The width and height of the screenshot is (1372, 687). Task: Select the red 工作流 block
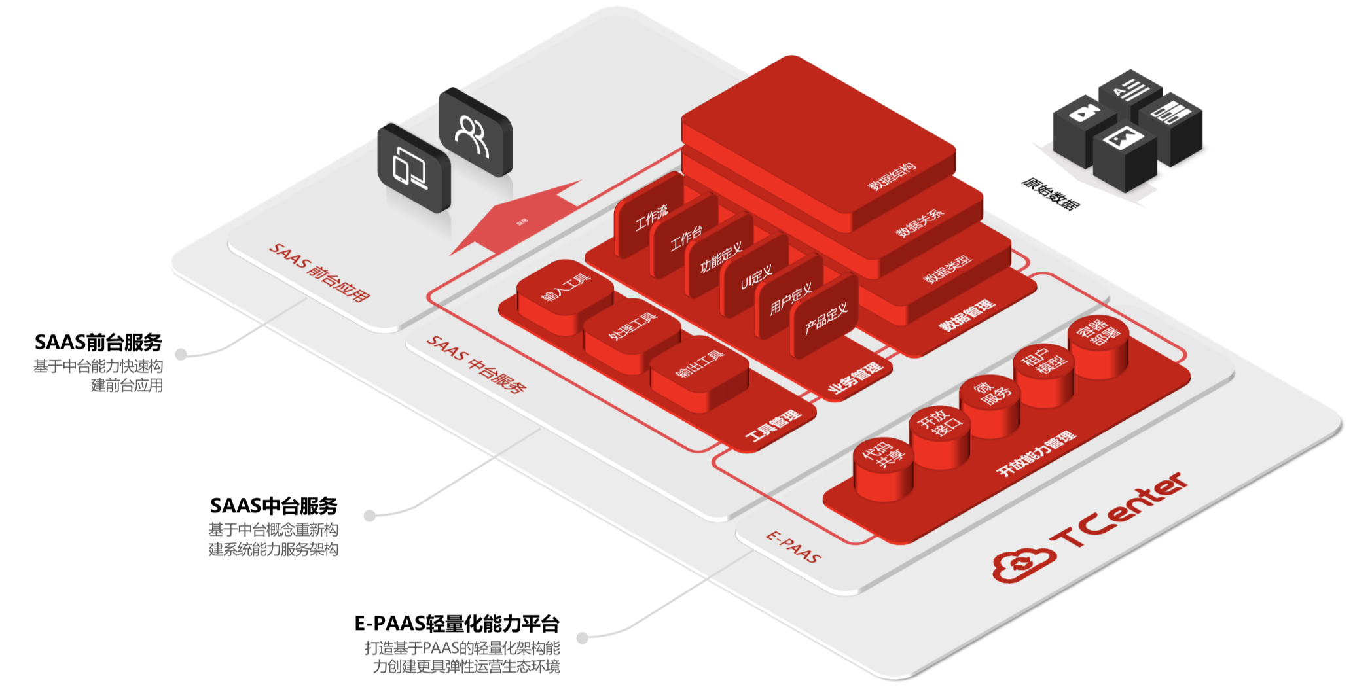pyautogui.click(x=650, y=217)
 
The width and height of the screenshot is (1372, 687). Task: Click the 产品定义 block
pyautogui.click(x=825, y=318)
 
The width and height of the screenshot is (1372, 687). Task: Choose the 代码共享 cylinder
pyautogui.click(x=882, y=458)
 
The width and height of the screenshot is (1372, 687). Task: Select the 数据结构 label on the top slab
pyautogui.click(x=892, y=177)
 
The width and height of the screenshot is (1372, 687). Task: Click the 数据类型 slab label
pyautogui.click(x=947, y=268)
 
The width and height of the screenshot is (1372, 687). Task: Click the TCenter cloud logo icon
pyautogui.click(x=1022, y=563)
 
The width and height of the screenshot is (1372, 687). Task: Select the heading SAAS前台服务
pyautogui.click(x=98, y=342)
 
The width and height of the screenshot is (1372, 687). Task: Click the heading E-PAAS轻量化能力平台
pyautogui.click(x=457, y=624)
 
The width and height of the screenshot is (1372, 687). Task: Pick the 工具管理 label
pyautogui.click(x=773, y=425)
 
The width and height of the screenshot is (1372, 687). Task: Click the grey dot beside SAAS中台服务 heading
pyautogui.click(x=370, y=516)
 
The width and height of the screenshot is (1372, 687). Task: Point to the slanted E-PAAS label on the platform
pyautogui.click(x=793, y=547)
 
